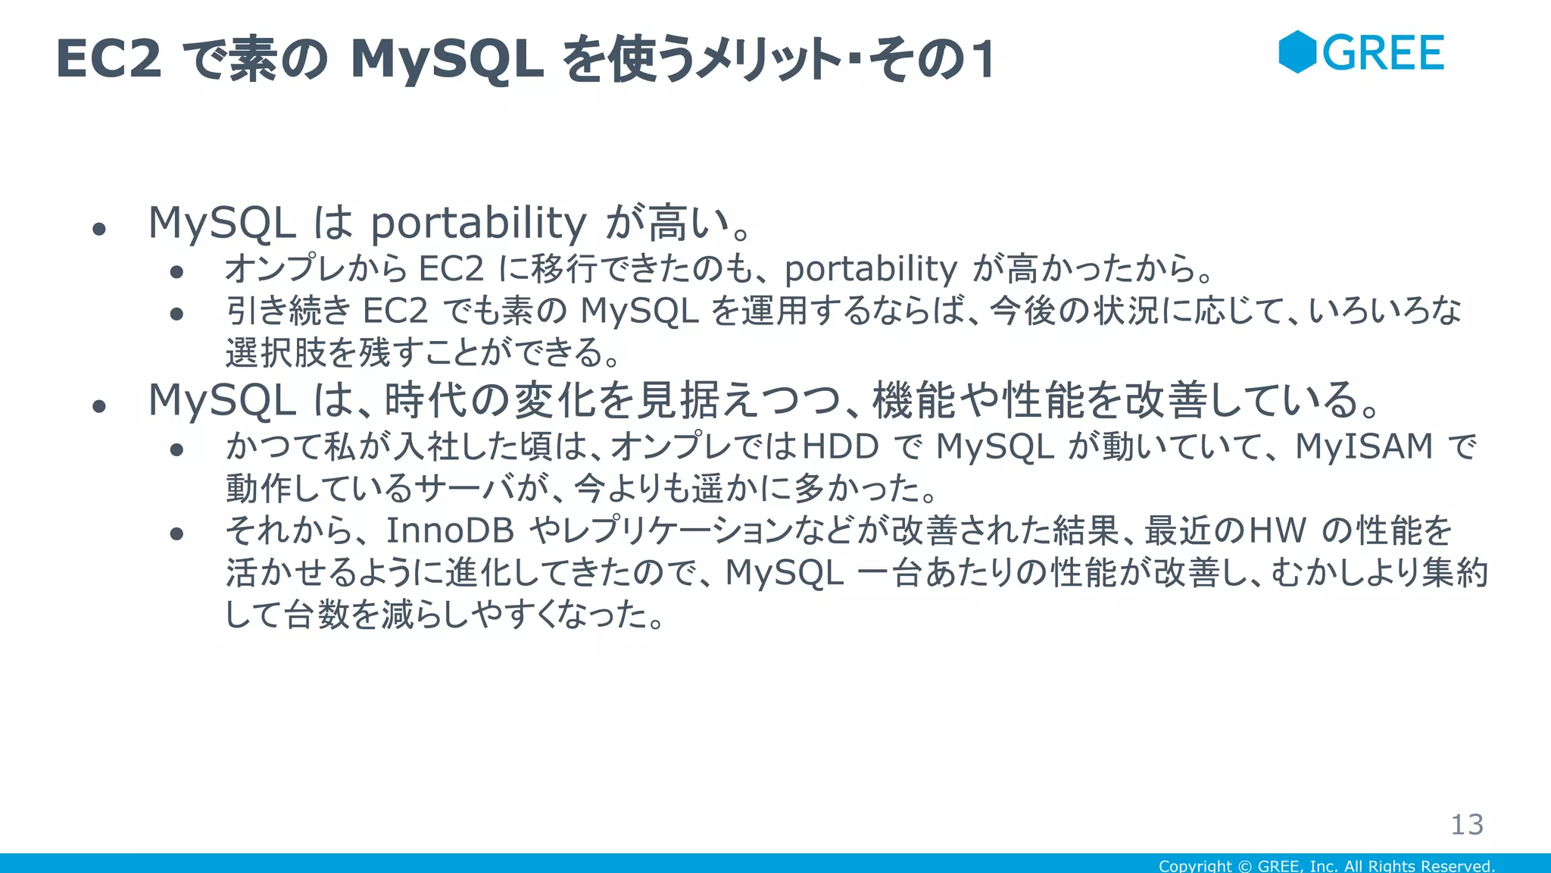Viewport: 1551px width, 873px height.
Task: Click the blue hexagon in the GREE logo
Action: [x=1297, y=52]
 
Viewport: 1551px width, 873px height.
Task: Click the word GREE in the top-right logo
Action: [x=1383, y=53]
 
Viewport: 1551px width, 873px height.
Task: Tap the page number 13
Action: [x=1466, y=824]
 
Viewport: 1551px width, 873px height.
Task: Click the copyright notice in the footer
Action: [x=1326, y=865]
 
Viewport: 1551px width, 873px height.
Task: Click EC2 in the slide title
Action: [x=108, y=59]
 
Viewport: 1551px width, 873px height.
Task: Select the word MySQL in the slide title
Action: [x=447, y=59]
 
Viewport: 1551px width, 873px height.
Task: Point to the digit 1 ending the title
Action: [x=984, y=60]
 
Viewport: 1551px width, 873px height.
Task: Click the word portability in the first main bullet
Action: [x=478, y=223]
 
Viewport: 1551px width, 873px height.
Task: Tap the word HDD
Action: [x=840, y=446]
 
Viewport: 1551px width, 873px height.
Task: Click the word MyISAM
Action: [x=1364, y=446]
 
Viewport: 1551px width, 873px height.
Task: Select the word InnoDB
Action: [x=450, y=530]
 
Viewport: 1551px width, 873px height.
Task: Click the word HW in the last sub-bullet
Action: [x=1277, y=530]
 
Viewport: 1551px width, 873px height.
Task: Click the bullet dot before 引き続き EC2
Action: [x=177, y=314]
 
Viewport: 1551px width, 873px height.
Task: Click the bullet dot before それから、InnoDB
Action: [x=177, y=534]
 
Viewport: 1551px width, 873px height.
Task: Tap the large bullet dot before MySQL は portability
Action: [x=98, y=229]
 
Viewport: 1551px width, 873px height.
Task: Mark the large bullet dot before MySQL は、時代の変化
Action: [x=98, y=407]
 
